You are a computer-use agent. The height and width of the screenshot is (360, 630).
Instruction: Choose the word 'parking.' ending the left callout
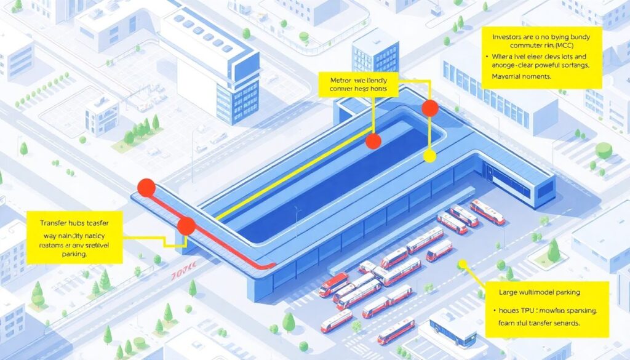[54, 254]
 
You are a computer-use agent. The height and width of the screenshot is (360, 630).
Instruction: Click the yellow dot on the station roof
[430, 156]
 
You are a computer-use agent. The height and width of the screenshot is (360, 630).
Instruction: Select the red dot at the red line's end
[146, 188]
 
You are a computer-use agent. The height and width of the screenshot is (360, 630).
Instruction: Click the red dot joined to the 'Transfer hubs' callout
[186, 226]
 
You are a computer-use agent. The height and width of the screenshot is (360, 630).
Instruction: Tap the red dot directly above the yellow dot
[430, 109]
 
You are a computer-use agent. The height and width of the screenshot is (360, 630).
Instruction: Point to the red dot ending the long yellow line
[373, 141]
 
